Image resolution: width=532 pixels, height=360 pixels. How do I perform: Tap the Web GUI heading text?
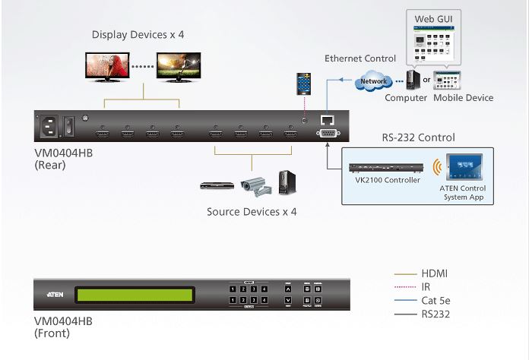(433, 17)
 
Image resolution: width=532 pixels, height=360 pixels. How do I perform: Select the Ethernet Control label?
(359, 58)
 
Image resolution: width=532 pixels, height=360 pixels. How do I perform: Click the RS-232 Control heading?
(417, 137)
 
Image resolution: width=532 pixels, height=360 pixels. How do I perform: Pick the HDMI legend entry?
(435, 273)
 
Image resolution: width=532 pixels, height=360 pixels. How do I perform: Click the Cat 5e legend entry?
(435, 300)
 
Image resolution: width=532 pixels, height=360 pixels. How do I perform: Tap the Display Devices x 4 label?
(138, 34)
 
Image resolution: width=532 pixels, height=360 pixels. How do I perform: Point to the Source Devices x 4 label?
(252, 212)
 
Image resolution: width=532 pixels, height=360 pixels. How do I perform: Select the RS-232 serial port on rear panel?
(328, 134)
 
